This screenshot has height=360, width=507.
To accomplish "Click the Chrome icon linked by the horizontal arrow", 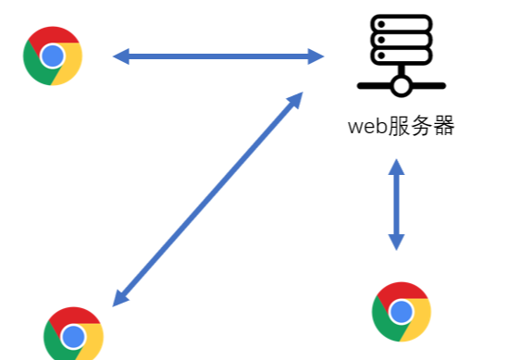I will pyautogui.click(x=53, y=56).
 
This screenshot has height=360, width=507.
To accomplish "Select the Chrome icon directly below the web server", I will pyautogui.click(x=401, y=312).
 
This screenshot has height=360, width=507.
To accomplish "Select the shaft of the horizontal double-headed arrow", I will pyautogui.click(x=218, y=56).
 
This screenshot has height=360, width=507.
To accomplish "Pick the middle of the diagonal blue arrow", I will pyautogui.click(x=206, y=200).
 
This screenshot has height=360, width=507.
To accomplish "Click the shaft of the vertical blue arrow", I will pyautogui.click(x=396, y=205).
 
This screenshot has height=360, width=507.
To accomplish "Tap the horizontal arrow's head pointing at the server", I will pyautogui.click(x=315, y=56).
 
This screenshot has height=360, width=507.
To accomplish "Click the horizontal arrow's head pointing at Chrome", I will pyautogui.click(x=121, y=56).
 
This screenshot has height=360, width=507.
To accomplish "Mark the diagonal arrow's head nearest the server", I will pyautogui.click(x=295, y=99).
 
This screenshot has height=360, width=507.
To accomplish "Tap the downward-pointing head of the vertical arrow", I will pyautogui.click(x=396, y=242).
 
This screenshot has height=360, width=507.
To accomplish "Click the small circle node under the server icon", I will pyautogui.click(x=401, y=86).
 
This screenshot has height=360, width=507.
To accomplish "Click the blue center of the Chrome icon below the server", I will pyautogui.click(x=401, y=313).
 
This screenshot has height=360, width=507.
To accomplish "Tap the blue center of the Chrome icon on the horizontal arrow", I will pyautogui.click(x=53, y=56).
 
